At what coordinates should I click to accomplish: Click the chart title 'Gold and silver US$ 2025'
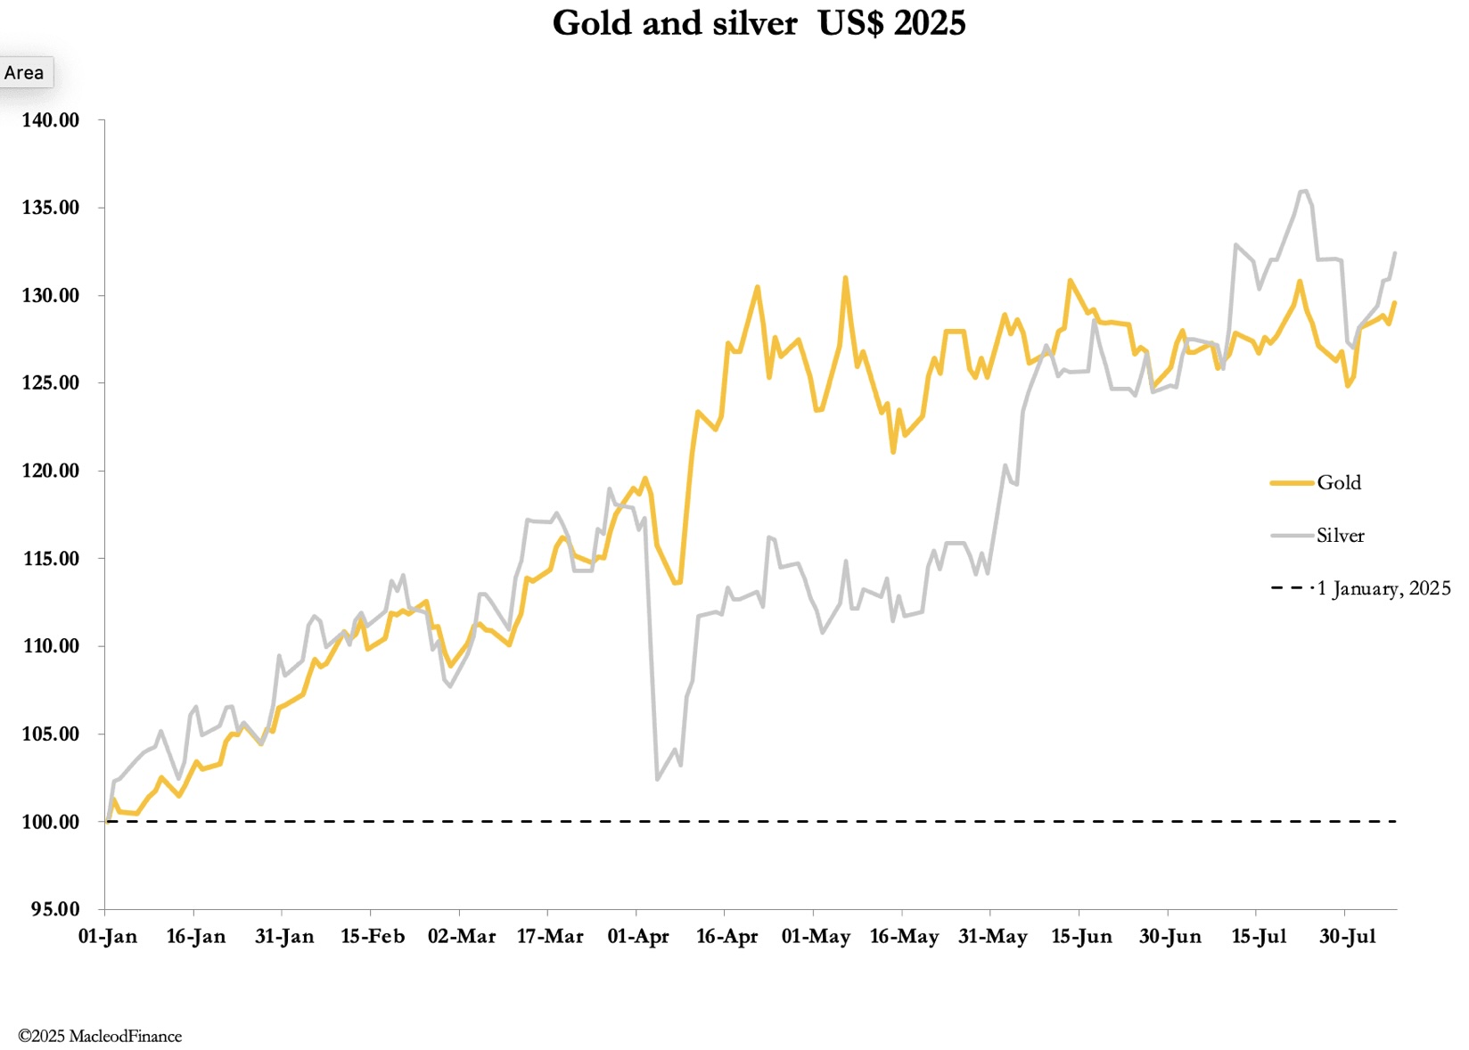click(x=759, y=23)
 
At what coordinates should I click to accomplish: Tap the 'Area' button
click(x=24, y=73)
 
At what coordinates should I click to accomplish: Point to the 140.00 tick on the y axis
click(x=51, y=120)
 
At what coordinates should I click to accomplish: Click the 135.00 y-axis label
click(x=51, y=208)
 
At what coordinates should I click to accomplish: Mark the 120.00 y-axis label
click(x=51, y=471)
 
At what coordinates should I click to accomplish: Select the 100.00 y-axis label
click(x=51, y=822)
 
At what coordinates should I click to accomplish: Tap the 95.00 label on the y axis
click(x=55, y=909)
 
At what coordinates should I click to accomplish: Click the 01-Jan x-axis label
click(x=108, y=937)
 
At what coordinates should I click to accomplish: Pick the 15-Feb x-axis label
click(x=373, y=937)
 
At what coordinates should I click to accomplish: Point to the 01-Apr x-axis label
click(x=638, y=937)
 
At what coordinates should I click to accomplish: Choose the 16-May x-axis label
click(x=904, y=937)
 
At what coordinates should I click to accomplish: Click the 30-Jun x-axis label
click(x=1169, y=937)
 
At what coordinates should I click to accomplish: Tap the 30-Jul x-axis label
click(x=1347, y=937)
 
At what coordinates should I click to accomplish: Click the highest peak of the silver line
click(x=1303, y=191)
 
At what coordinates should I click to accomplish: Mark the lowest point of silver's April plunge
click(x=657, y=780)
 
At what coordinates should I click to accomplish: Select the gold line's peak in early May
click(x=845, y=278)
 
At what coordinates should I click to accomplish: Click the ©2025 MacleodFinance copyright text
click(x=100, y=1036)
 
